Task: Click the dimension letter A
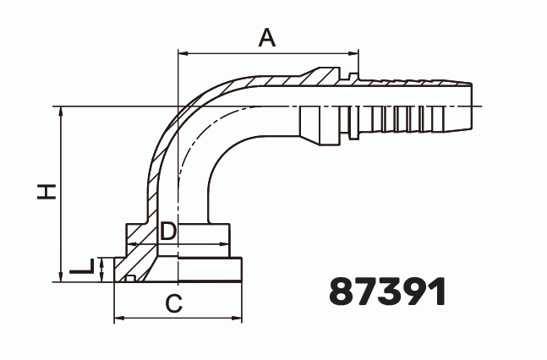click(x=267, y=37)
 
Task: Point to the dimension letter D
click(x=168, y=231)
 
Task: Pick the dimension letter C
click(x=173, y=303)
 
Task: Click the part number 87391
click(x=386, y=292)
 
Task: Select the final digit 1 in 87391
click(x=435, y=292)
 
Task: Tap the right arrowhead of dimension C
click(x=240, y=319)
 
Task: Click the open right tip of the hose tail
click(x=470, y=106)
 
